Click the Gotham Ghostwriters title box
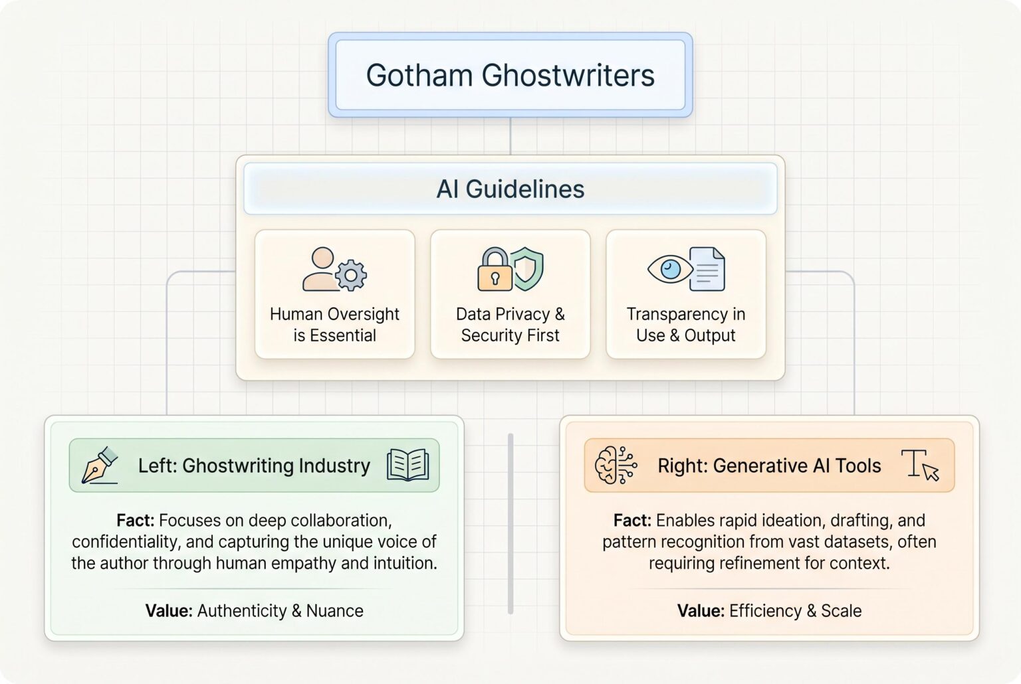(510, 75)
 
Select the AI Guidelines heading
(510, 189)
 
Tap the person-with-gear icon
(334, 270)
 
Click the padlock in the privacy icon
(494, 271)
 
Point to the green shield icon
(528, 268)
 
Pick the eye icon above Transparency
(670, 269)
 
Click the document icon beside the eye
(707, 269)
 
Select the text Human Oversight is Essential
(334, 325)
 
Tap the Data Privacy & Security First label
(510, 325)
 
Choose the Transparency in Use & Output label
(685, 325)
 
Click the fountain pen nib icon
(99, 465)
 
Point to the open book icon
(407, 465)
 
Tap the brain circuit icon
(616, 465)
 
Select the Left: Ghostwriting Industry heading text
(254, 466)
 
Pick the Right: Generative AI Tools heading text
(769, 466)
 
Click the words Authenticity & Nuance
(280, 611)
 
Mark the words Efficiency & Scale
(795, 611)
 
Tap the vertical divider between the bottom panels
(510, 524)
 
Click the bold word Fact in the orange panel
(631, 521)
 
